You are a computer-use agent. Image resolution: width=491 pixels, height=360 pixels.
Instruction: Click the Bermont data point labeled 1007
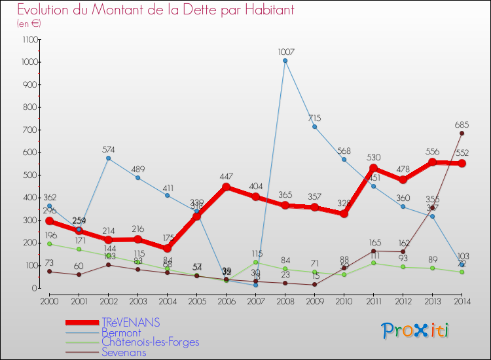click(285, 61)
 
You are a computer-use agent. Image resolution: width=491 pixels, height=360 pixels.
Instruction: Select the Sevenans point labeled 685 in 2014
click(462, 133)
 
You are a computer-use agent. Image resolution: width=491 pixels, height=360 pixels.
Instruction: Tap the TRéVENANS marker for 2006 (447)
click(226, 187)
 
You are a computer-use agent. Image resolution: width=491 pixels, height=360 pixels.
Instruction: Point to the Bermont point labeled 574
click(108, 158)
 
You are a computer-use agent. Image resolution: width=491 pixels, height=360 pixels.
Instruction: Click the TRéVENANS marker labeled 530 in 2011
click(373, 168)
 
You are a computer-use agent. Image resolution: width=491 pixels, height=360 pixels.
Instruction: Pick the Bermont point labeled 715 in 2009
click(314, 126)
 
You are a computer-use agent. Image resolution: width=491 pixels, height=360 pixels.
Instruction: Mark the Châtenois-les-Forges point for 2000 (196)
click(49, 243)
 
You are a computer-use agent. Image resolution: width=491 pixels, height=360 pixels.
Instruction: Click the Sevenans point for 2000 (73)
click(49, 272)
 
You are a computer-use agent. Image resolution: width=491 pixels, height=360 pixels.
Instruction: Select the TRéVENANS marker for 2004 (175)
click(167, 248)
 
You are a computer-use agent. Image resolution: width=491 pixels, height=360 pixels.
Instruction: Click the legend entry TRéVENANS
click(130, 323)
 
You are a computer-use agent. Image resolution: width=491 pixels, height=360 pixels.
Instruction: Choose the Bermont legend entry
click(121, 333)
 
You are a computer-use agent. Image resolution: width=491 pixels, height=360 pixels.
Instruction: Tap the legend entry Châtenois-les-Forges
click(150, 342)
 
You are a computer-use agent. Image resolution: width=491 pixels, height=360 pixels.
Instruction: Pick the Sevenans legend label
click(124, 352)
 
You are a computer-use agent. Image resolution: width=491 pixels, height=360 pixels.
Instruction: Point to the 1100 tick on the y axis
click(29, 39)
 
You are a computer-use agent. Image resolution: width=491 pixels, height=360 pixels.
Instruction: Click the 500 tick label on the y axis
click(31, 175)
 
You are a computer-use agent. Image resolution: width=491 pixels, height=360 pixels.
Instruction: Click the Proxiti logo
click(416, 331)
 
